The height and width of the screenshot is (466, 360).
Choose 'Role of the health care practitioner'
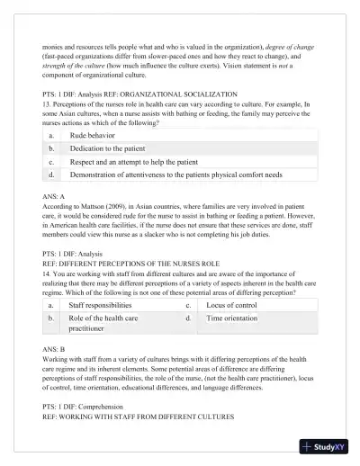103,324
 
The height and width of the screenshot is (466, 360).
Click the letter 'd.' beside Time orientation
188,319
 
